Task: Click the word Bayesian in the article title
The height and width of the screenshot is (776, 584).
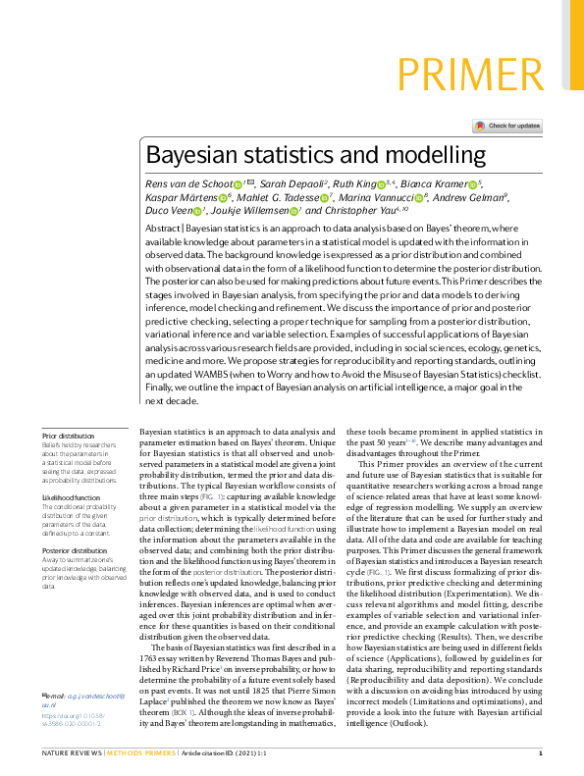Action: pos(194,155)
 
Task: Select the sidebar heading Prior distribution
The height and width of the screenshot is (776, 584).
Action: pos(69,436)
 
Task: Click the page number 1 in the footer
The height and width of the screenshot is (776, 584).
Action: pos(541,754)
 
